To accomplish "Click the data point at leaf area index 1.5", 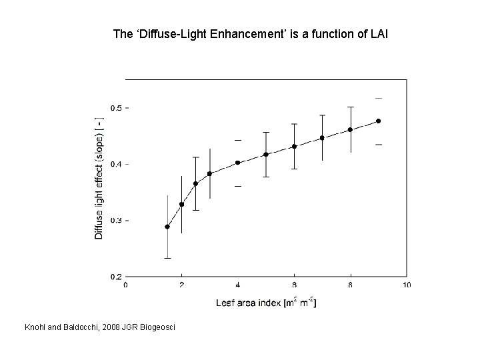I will coord(167,227).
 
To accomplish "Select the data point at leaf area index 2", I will coord(181,205).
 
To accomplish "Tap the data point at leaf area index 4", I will coord(237,163).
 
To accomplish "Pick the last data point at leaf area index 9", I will coord(379,121).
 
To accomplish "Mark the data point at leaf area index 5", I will coord(266,155).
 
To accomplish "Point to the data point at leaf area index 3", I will coord(209,173).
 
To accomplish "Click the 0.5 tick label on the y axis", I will coord(115,108).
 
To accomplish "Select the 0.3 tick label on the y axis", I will coord(115,221).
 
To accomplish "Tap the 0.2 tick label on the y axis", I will coord(115,277).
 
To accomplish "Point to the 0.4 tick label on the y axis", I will coord(115,164).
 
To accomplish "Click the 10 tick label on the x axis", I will coord(406,286).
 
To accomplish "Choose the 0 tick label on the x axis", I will coord(126,286).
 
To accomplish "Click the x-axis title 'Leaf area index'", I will coord(249,303).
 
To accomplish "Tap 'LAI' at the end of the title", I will coord(375,34).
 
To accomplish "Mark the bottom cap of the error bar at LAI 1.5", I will coord(167,258).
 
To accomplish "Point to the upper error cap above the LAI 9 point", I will coord(379,98).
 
